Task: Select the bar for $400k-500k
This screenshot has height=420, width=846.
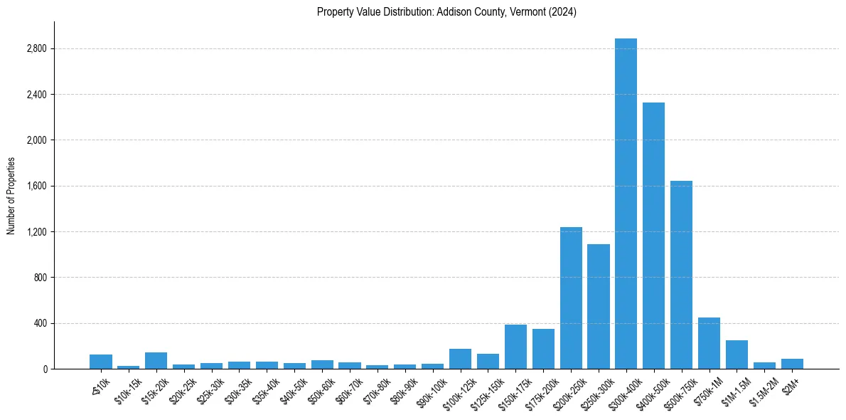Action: click(x=653, y=236)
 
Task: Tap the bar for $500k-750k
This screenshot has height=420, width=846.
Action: click(x=681, y=275)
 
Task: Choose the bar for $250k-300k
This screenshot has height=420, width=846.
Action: click(x=598, y=306)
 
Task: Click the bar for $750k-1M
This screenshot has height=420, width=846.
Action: click(x=709, y=343)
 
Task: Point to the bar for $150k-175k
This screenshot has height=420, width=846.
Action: click(x=515, y=347)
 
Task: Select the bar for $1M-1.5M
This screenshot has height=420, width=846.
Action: click(x=737, y=355)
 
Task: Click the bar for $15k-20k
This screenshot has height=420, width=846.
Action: click(x=156, y=361)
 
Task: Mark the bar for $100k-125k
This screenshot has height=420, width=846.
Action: click(x=460, y=359)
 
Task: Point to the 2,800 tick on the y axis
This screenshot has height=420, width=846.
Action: click(x=36, y=48)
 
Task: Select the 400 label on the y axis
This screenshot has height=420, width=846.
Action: click(x=40, y=323)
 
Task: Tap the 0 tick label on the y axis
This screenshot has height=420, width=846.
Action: click(x=44, y=369)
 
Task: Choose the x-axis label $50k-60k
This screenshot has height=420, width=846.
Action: click(x=316, y=389)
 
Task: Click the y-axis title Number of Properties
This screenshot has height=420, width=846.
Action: click(x=11, y=195)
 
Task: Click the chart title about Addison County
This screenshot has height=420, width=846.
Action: click(x=446, y=11)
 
